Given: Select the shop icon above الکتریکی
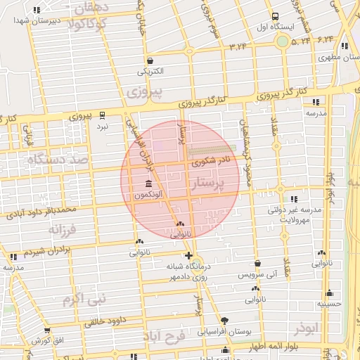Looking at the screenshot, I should [x=150, y=60].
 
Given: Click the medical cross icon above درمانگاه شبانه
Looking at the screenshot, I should [x=188, y=255].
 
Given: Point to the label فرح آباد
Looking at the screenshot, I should [x=163, y=337].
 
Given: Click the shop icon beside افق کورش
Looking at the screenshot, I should [x=47, y=330].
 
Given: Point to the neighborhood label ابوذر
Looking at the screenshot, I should [x=307, y=329].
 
